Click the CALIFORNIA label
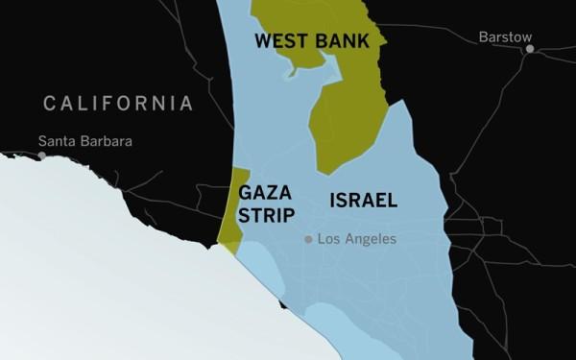[x=118, y=103]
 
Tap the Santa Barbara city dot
[x=41, y=155]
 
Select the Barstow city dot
[x=529, y=48]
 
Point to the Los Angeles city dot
[x=308, y=239]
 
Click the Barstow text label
[x=505, y=36]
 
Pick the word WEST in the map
[x=276, y=41]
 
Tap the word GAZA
[x=259, y=191]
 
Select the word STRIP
[x=266, y=215]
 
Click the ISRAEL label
[x=363, y=201]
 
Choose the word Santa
[x=56, y=141]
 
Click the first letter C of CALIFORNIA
[x=49, y=103]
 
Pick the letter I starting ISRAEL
[x=332, y=201]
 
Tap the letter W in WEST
[x=260, y=41]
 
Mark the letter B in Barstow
[x=483, y=36]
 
